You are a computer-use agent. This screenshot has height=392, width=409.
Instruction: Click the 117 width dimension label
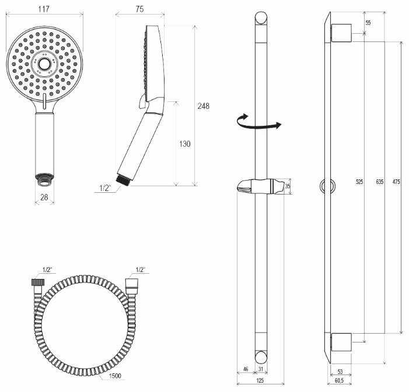(x=44, y=9)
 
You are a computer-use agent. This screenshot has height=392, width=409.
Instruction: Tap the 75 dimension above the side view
(x=139, y=9)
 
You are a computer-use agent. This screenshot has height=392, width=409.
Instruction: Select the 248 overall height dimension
(x=203, y=106)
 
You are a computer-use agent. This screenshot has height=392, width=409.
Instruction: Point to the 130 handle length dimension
(x=185, y=143)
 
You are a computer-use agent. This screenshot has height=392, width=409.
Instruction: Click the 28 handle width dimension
(x=44, y=197)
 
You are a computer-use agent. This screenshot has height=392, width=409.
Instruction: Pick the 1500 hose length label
(x=115, y=376)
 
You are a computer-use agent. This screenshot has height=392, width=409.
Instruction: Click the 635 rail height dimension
(x=379, y=182)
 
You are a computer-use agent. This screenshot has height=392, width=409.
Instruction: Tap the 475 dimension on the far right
(x=396, y=182)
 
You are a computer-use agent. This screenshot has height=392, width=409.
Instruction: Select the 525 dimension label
(x=359, y=182)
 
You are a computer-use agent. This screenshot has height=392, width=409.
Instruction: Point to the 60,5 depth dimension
(x=339, y=380)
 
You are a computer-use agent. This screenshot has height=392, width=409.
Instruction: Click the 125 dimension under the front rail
(x=260, y=380)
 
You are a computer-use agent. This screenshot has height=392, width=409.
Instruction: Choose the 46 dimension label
(x=246, y=369)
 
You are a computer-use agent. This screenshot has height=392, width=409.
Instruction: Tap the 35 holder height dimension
(x=288, y=186)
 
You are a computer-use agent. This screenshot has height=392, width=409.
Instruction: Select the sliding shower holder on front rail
(x=261, y=186)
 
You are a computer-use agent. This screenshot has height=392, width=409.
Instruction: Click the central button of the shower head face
(x=44, y=63)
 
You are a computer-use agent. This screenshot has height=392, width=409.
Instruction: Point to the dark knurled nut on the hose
(x=37, y=282)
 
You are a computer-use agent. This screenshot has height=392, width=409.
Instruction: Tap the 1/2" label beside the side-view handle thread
(x=105, y=188)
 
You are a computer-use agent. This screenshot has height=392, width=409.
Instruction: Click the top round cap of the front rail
(x=261, y=18)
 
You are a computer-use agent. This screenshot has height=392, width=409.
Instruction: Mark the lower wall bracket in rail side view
(x=341, y=342)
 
